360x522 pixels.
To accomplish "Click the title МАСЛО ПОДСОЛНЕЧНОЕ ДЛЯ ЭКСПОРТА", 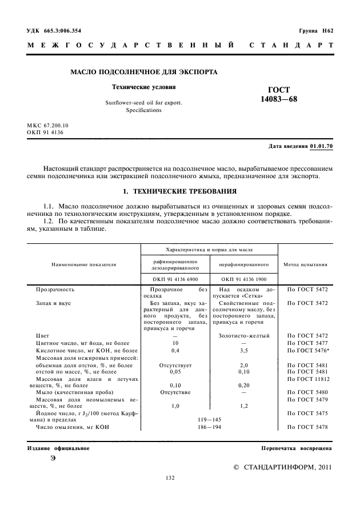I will (x=143, y=72).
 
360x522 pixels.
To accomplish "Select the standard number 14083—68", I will (x=279, y=99).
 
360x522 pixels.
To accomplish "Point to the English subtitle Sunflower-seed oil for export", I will (x=144, y=102).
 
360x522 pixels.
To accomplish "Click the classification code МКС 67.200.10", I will (x=47, y=125).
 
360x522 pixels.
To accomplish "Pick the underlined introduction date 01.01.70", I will (x=322, y=146).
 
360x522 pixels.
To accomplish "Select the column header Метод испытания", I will (x=305, y=264).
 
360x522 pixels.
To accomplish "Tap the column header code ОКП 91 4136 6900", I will (x=175, y=279).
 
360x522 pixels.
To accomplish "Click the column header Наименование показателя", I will (x=83, y=264).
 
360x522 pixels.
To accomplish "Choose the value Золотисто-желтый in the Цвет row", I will (x=244, y=336).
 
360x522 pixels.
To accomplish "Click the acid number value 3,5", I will (x=243, y=349).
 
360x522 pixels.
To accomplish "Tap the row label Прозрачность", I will (x=55, y=290).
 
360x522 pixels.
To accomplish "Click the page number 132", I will (x=170, y=478).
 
